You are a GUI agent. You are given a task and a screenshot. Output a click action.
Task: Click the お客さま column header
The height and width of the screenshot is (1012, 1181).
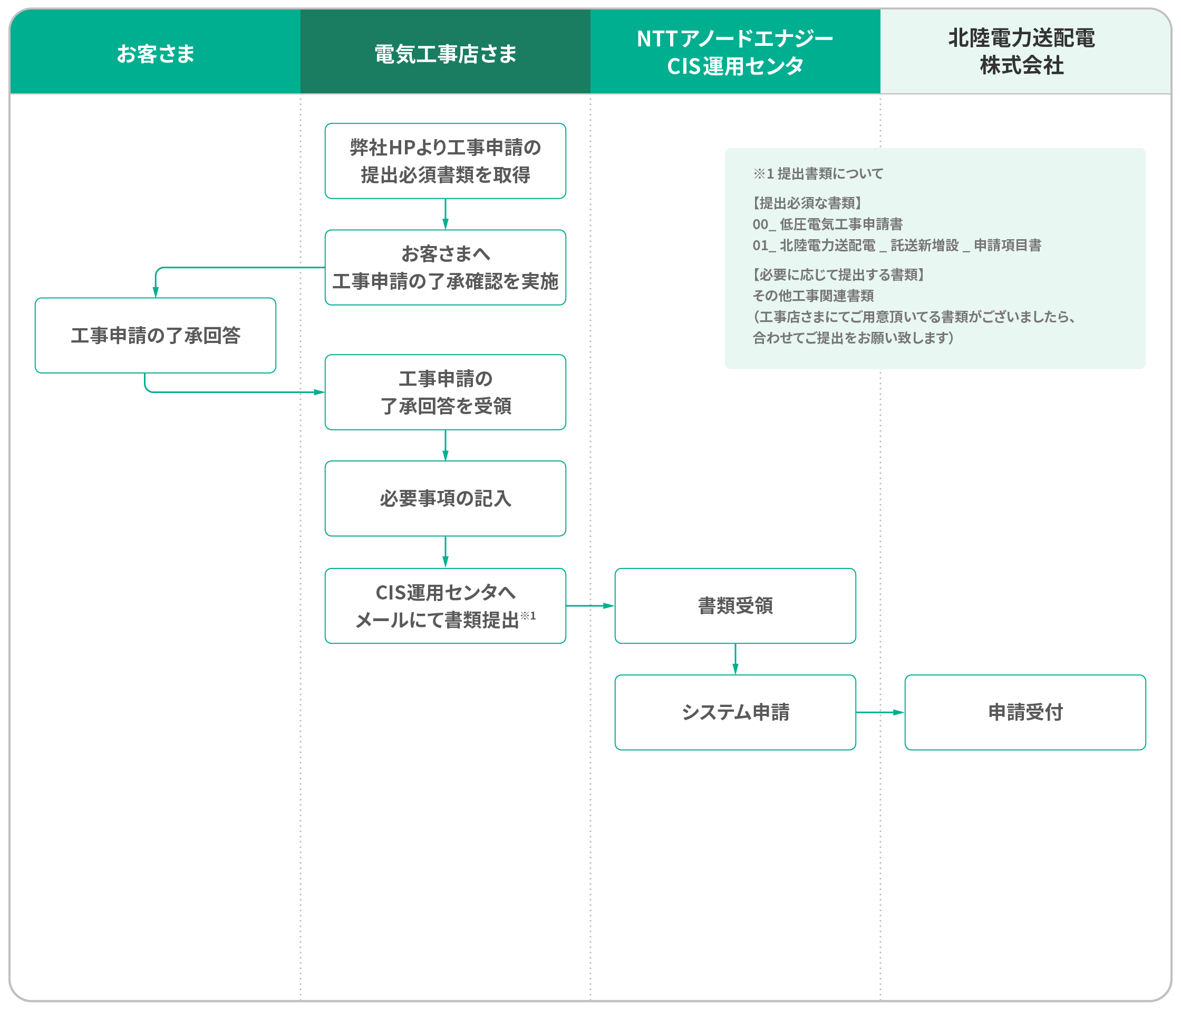[x=155, y=54]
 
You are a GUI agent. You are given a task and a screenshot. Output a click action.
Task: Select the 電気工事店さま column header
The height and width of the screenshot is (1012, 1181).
[x=445, y=54]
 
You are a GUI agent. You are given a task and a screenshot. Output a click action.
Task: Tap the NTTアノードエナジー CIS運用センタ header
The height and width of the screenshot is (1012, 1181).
[x=735, y=52]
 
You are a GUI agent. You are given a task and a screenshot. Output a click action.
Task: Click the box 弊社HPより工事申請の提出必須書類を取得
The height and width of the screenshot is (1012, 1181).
[x=445, y=161]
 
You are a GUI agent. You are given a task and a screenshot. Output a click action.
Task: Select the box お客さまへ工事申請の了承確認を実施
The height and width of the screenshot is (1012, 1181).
[x=445, y=268]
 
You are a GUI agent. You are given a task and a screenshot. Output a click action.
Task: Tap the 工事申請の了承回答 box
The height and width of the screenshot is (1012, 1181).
[x=156, y=336]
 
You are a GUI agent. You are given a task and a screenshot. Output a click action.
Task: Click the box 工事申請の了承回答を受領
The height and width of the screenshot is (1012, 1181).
[x=445, y=392]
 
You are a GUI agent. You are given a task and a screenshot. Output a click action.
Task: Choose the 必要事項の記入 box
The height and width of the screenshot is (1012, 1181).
[x=445, y=498]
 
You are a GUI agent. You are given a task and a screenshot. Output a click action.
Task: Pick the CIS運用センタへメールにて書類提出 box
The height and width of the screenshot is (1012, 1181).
[x=445, y=606]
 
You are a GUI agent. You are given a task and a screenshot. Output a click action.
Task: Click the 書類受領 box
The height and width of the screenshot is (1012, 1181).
[x=735, y=606]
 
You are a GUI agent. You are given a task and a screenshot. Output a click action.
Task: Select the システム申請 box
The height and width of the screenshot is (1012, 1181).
[x=735, y=712]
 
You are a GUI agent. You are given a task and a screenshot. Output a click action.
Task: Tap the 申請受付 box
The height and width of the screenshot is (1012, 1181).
[x=1025, y=712]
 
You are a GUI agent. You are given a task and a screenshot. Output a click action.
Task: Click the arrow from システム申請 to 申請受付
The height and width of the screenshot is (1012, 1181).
[x=880, y=712]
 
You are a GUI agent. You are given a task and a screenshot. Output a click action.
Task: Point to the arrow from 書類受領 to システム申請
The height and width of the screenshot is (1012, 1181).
[x=735, y=660]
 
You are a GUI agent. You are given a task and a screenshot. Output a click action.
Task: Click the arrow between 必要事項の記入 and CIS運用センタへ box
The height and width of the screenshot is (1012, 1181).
[x=445, y=553]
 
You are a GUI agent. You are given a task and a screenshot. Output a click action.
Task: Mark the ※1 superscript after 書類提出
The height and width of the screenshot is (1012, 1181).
[x=528, y=616]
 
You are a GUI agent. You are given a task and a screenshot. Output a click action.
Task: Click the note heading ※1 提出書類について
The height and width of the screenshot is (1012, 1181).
[x=818, y=174]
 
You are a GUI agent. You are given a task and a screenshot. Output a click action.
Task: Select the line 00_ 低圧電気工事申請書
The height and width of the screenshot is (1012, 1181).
[x=828, y=224]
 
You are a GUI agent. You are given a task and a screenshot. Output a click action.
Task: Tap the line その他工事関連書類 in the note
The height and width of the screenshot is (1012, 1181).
[x=814, y=296]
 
